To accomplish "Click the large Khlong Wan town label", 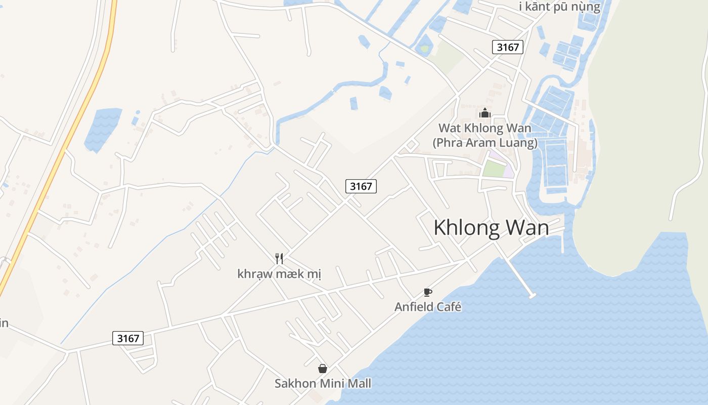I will [491, 228].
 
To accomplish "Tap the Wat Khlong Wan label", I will [484, 129].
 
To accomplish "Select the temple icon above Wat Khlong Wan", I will [485, 113].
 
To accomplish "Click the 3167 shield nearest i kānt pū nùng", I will [507, 47].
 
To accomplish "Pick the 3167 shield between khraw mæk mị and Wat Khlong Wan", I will [361, 186].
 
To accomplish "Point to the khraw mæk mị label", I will [279, 274].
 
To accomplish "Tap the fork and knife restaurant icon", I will [279, 258].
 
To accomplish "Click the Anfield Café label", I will [428, 307].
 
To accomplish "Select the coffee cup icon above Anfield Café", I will [428, 292].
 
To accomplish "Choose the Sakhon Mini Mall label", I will [323, 383].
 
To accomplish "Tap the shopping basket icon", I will [323, 369].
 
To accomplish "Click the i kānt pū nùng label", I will [559, 7].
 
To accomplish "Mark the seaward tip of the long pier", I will [532, 296].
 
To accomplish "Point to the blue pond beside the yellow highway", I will [103, 129].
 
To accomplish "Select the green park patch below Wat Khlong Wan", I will [494, 169].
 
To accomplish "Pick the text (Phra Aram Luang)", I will [484, 143].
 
